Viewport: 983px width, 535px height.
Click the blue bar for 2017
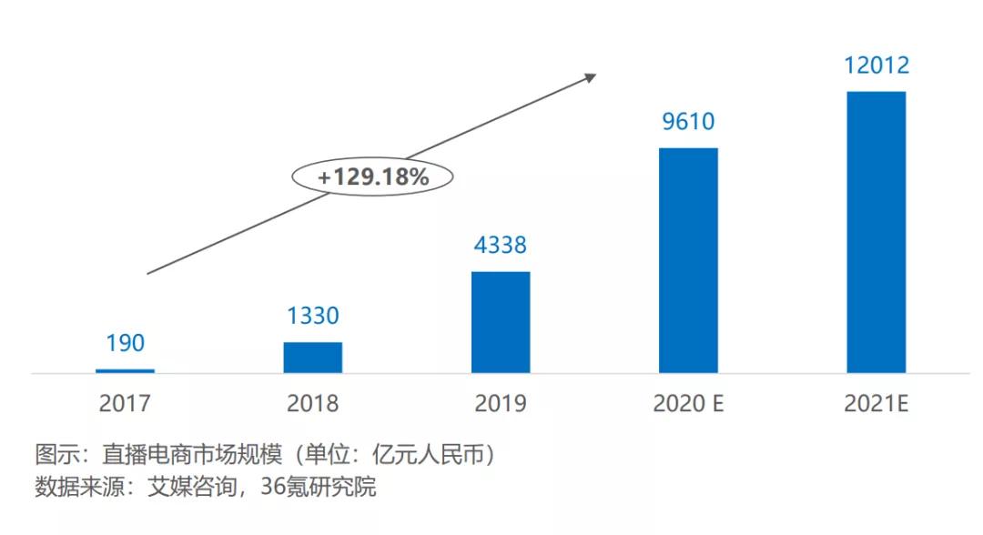(x=125, y=370)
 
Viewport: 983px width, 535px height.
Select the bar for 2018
(x=312, y=358)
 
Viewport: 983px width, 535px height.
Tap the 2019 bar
(x=501, y=322)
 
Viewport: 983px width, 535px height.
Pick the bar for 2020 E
(x=688, y=260)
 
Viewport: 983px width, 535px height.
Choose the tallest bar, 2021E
(x=877, y=232)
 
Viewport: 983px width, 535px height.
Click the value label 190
(x=125, y=344)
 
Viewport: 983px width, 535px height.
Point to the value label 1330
(x=312, y=316)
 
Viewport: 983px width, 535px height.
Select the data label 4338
(x=501, y=246)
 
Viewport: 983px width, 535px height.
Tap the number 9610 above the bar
(x=688, y=122)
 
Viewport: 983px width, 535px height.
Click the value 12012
(x=877, y=66)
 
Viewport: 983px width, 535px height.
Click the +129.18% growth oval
(x=373, y=177)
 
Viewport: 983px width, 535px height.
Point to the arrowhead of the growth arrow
(x=592, y=76)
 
